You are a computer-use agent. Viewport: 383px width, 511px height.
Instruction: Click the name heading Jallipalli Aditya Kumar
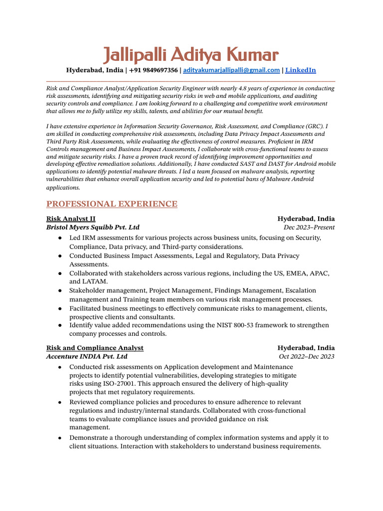click(191, 54)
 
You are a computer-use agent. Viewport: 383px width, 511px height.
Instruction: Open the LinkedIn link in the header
click(300, 70)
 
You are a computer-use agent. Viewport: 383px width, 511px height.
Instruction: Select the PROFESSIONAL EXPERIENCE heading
click(112, 204)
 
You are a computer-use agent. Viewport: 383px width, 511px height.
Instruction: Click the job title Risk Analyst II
click(71, 219)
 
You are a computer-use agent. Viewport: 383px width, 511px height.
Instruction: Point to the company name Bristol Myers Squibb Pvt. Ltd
click(93, 228)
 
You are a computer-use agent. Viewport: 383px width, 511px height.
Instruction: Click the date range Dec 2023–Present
click(309, 228)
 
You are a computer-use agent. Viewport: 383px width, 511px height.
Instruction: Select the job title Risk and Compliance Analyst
click(95, 348)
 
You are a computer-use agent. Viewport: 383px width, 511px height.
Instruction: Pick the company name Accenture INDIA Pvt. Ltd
click(87, 357)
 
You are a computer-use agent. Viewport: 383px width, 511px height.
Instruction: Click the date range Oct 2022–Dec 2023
click(307, 357)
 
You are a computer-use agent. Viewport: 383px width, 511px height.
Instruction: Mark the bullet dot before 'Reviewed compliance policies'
click(60, 402)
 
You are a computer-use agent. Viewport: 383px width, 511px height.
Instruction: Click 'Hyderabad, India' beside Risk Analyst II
click(306, 219)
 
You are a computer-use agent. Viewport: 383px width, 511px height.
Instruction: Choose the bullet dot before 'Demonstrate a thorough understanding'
click(60, 438)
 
